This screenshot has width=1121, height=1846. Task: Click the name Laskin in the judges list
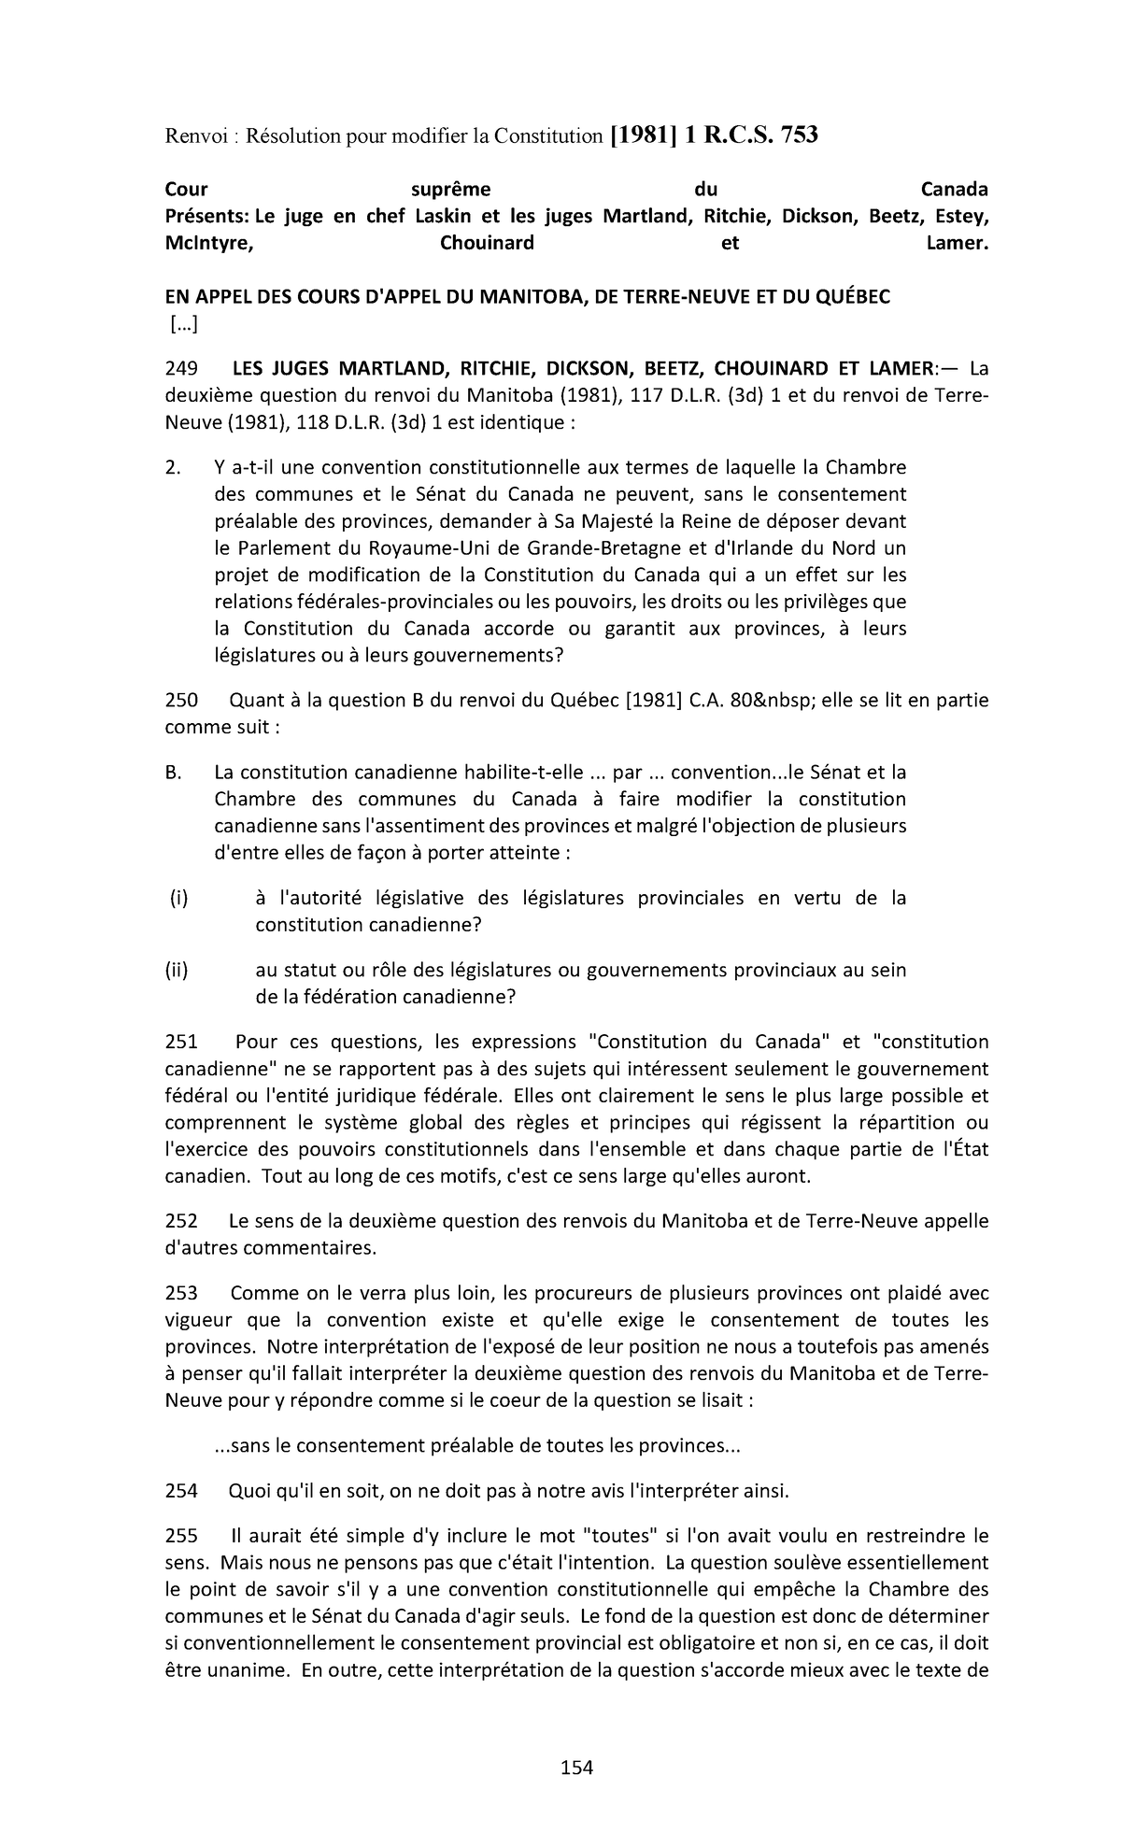[440, 217]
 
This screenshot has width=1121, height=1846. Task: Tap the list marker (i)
[178, 898]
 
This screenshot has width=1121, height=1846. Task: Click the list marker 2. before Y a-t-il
[173, 467]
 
